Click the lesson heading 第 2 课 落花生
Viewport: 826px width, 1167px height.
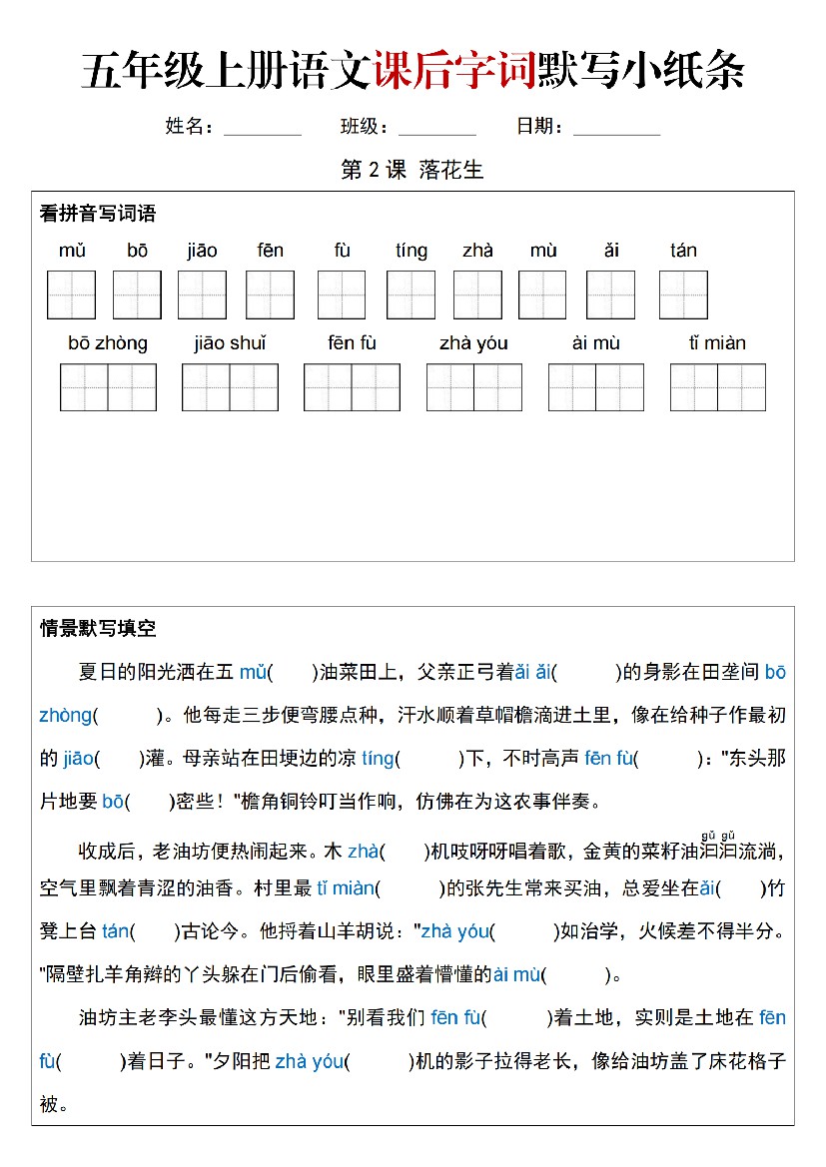412,170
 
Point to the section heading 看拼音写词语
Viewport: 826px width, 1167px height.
97,214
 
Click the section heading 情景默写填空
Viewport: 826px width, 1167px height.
97,628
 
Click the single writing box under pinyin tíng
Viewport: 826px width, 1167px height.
411,294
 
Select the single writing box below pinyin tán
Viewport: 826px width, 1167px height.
683,294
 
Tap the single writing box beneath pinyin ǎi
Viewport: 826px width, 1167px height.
610,294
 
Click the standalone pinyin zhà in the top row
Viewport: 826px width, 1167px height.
477,251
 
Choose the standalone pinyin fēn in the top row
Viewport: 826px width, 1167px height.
270,251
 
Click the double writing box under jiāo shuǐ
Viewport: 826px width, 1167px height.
230,387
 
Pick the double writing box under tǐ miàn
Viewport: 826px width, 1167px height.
717,387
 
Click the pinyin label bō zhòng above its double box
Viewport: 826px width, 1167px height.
107,343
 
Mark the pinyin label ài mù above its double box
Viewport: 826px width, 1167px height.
596,343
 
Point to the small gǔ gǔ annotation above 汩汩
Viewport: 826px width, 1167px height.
718,836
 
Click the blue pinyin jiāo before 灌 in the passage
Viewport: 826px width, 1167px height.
78,759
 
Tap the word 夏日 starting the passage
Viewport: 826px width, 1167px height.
97,673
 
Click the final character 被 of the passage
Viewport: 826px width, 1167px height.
49,1103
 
